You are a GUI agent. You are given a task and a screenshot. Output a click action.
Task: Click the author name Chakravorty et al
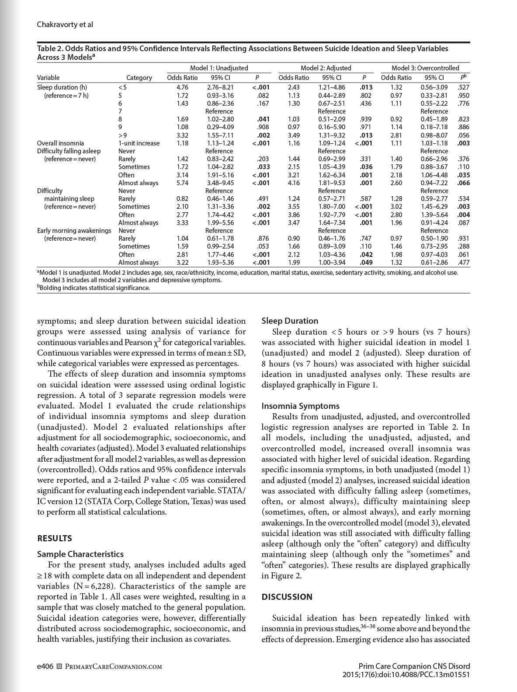click(x=65, y=25)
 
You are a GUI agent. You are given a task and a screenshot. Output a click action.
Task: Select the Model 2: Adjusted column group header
click(x=326, y=68)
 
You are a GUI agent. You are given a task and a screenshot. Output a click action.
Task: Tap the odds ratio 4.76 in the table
click(x=182, y=87)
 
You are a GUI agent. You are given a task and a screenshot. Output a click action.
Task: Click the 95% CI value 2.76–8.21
click(x=220, y=87)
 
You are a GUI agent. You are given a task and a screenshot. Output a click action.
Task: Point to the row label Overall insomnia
click(x=61, y=143)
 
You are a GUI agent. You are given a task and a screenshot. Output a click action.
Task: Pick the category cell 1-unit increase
click(x=139, y=143)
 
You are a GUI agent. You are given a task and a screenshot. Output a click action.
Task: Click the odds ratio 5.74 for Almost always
click(x=182, y=183)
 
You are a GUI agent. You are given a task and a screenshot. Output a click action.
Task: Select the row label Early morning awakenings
click(x=74, y=230)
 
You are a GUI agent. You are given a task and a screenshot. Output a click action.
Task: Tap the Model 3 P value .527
click(x=463, y=87)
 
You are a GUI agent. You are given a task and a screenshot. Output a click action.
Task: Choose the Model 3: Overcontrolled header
click(x=425, y=68)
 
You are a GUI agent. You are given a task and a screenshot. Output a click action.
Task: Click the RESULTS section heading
click(x=55, y=538)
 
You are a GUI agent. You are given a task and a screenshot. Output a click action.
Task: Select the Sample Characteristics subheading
click(x=80, y=554)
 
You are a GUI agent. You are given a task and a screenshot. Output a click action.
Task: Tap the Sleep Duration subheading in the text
click(x=290, y=321)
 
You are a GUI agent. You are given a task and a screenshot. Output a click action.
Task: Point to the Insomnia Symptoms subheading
click(x=300, y=406)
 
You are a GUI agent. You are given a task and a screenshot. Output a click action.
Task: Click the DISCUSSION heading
click(x=287, y=597)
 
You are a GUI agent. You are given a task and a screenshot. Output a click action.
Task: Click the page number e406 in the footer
click(x=45, y=666)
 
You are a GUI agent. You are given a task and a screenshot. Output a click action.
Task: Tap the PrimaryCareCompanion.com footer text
click(x=110, y=667)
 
